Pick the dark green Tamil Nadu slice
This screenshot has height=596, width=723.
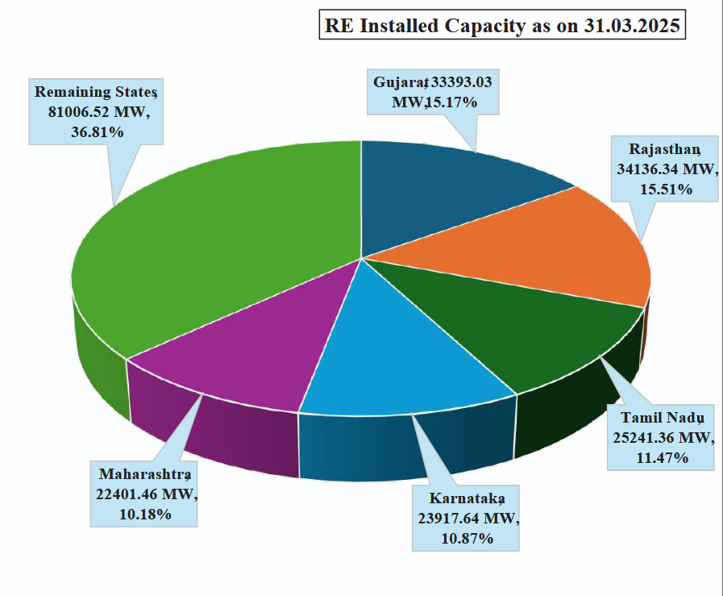pyautogui.click(x=516, y=331)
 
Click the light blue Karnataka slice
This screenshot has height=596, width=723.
pyautogui.click(x=403, y=355)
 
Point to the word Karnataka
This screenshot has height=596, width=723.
pyautogui.click(x=465, y=498)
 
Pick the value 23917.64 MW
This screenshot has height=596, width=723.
pyautogui.click(x=465, y=519)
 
